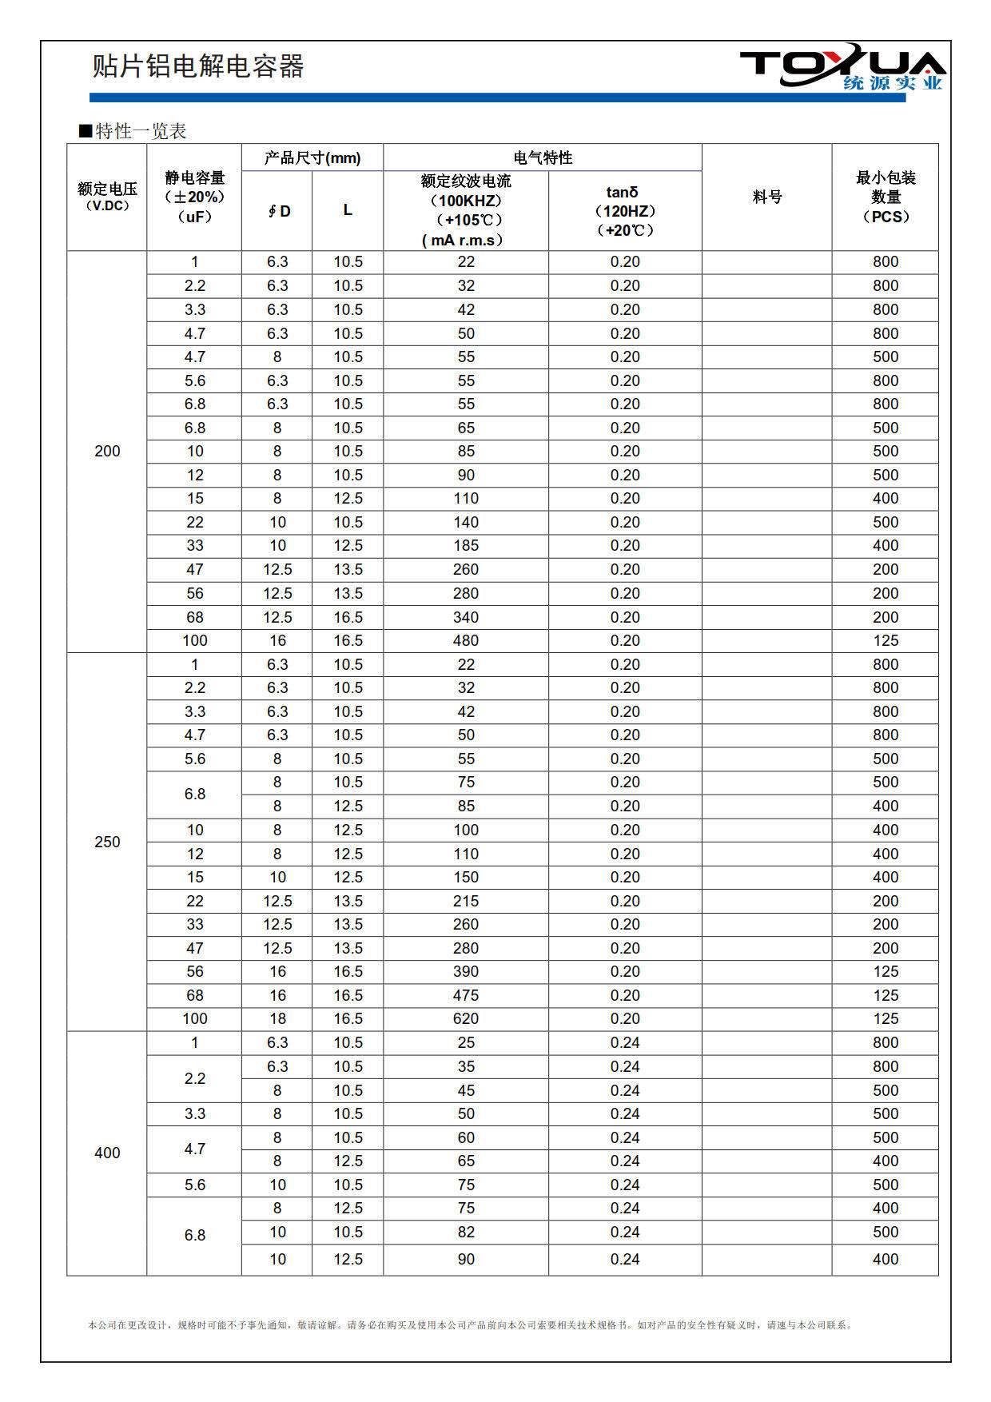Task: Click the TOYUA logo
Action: point(842,67)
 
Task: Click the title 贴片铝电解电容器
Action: point(197,66)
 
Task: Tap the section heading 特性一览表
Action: point(133,131)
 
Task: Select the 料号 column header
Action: point(766,197)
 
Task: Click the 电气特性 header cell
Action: point(543,157)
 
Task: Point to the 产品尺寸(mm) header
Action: point(312,157)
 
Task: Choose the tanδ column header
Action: point(625,211)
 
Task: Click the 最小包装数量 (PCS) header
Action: point(886,197)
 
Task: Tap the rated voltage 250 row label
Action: point(107,842)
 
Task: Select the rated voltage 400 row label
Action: point(107,1153)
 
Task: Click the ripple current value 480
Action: point(466,640)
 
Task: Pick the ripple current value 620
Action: point(466,1018)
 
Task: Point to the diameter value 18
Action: point(277,1018)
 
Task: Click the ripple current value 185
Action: point(466,545)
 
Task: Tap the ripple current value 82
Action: point(466,1232)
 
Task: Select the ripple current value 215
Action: point(466,901)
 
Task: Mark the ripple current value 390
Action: point(466,971)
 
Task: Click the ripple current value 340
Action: point(466,617)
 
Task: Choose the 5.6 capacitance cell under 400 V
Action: point(195,1185)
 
